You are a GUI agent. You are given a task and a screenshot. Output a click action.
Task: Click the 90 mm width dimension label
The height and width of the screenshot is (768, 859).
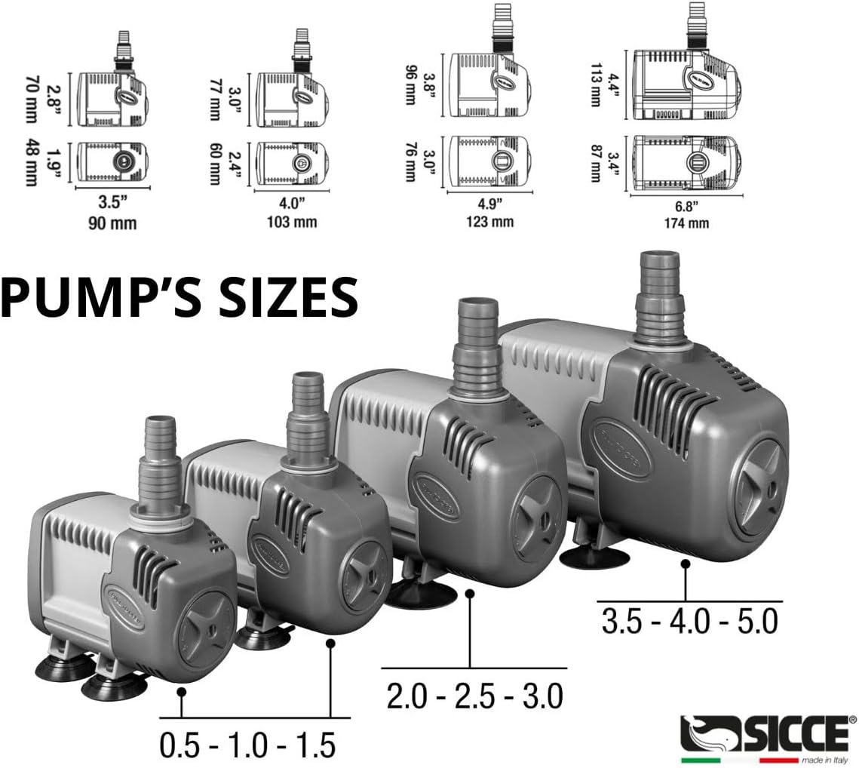[x=112, y=223]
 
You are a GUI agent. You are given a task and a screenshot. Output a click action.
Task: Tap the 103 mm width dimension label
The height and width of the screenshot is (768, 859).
[x=291, y=222]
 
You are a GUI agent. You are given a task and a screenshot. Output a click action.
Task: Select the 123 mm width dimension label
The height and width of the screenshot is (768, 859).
[x=489, y=222]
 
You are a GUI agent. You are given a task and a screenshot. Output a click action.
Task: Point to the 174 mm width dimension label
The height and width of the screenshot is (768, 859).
[x=686, y=223]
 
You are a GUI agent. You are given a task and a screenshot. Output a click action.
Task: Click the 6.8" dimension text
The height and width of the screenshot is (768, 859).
[x=686, y=206]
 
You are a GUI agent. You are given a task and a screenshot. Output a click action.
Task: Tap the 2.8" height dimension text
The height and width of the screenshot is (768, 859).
[x=54, y=99]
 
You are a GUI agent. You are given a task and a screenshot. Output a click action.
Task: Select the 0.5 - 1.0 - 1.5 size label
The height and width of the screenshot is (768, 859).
[x=247, y=745]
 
